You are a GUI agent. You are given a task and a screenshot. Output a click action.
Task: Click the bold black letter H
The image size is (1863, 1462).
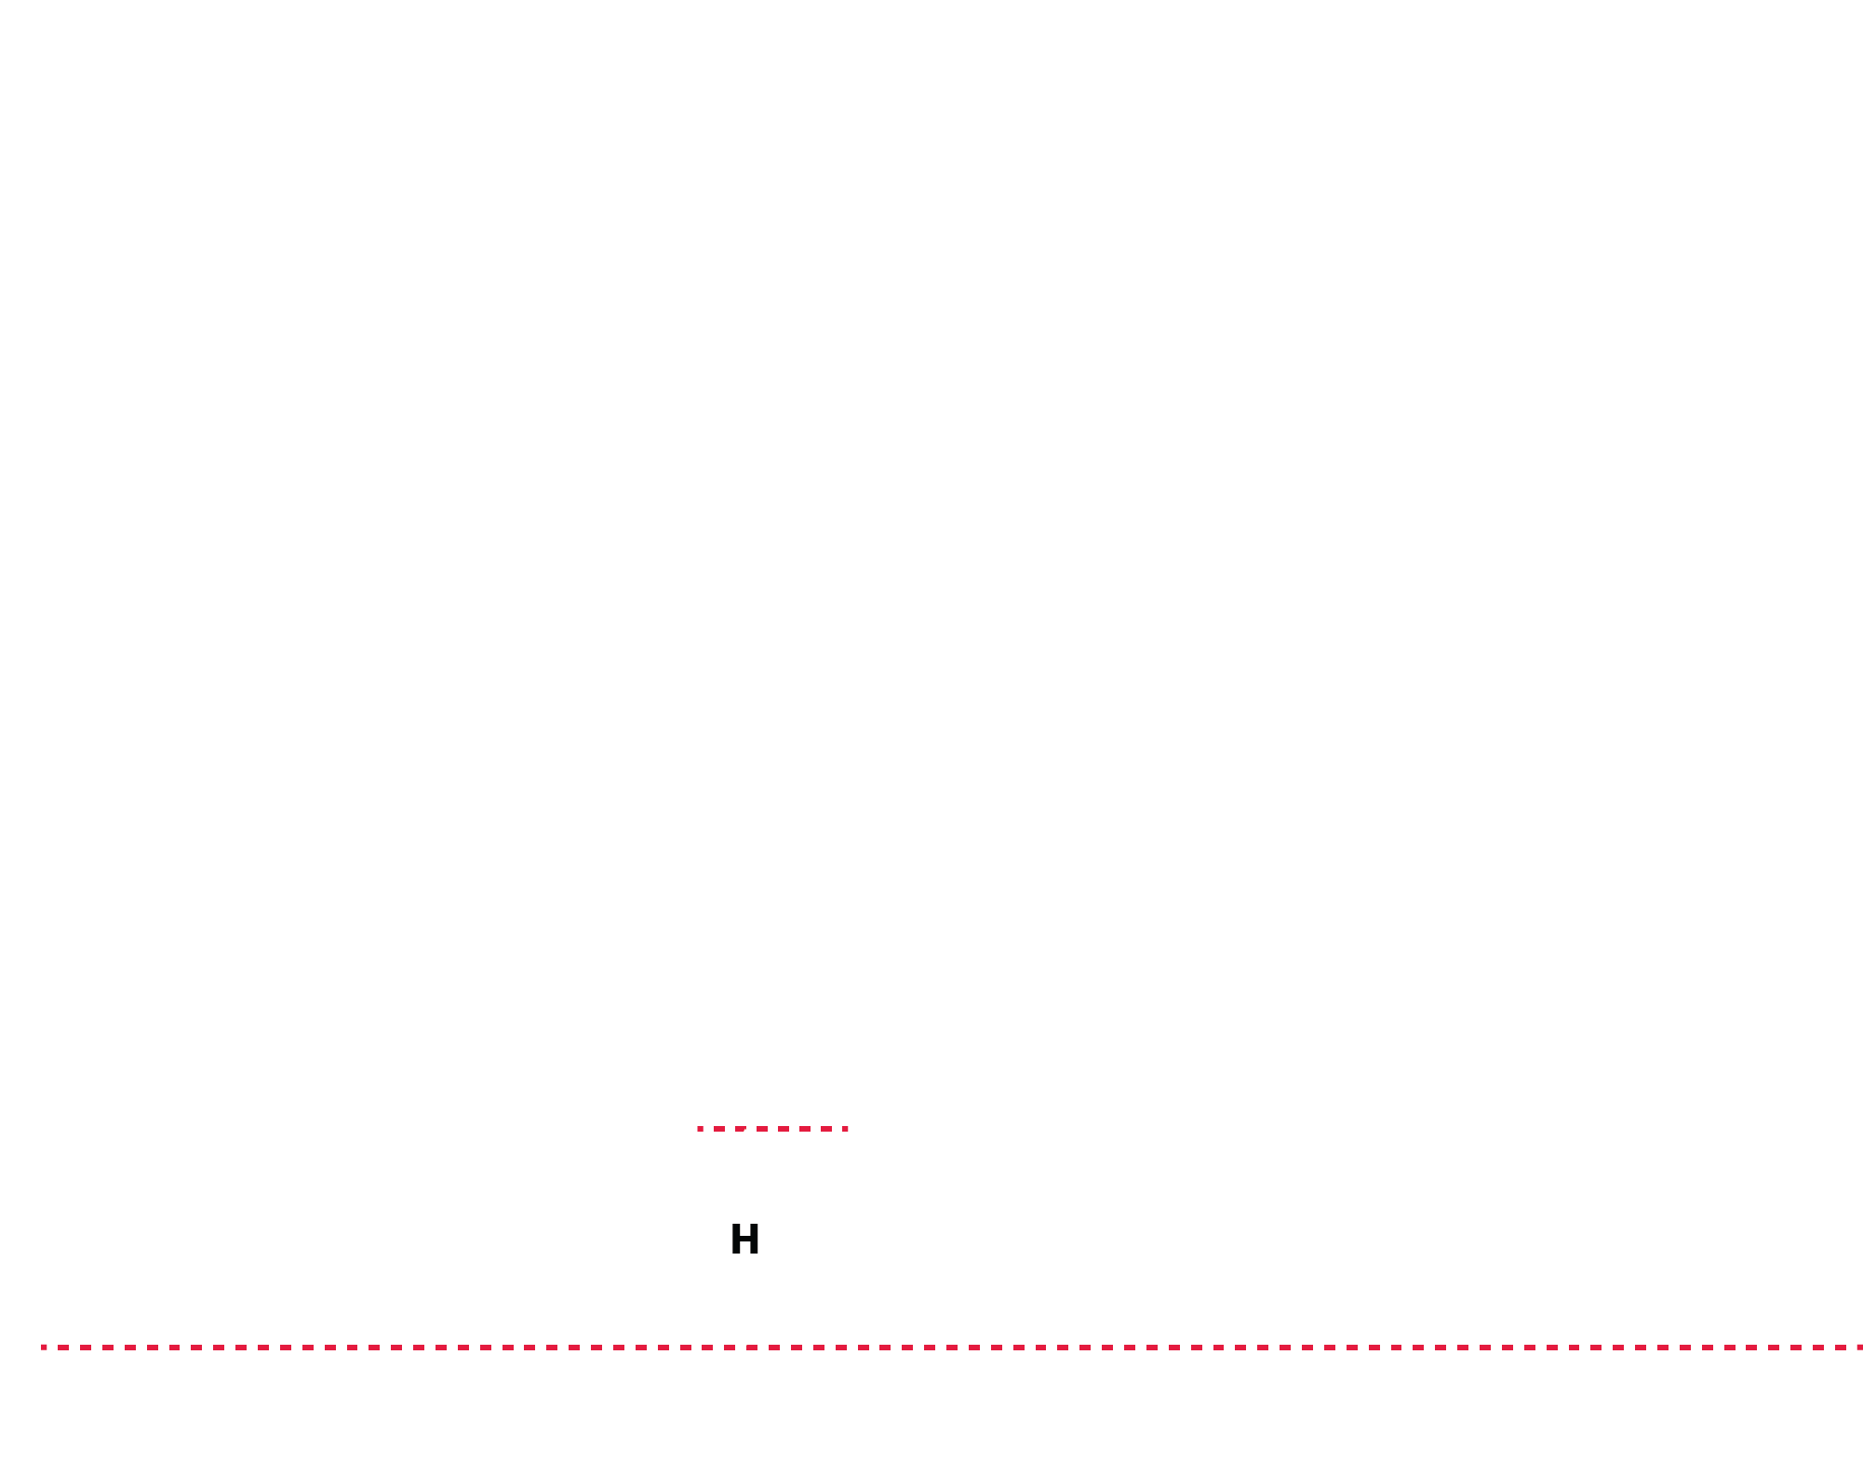coord(744,1239)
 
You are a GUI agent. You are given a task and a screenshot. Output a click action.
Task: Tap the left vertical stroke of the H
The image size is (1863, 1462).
coord(736,1239)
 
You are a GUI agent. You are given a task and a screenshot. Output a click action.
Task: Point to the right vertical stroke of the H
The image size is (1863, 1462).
coord(754,1239)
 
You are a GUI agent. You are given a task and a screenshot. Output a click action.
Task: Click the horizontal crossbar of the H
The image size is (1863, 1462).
coord(744,1239)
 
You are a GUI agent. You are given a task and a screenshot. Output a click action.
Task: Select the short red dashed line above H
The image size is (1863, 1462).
coord(772,1129)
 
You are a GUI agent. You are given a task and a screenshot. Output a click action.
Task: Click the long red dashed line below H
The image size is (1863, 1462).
coord(952,1348)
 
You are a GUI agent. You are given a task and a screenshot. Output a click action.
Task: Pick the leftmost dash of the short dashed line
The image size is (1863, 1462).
coord(700,1129)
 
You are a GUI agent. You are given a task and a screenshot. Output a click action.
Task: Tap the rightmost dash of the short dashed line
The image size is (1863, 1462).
coord(845,1129)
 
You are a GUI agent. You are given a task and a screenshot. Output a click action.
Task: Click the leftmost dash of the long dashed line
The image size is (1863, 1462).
coord(44,1348)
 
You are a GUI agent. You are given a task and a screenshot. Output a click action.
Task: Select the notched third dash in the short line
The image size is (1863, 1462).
coord(741,1129)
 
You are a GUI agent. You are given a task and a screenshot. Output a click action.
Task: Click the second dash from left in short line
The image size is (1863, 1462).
coord(719,1129)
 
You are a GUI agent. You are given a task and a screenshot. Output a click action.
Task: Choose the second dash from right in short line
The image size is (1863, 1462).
coord(826,1129)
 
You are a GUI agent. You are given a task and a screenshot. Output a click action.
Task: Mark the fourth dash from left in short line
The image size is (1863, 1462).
coord(762,1129)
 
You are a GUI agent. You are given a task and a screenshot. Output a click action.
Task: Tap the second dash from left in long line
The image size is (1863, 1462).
coord(63,1348)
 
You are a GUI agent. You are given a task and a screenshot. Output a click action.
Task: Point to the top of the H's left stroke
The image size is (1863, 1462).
coord(736,1224)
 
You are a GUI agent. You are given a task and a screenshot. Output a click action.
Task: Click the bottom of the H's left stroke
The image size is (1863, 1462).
coord(736,1254)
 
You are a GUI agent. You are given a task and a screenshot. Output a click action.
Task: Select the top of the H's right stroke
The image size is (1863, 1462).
coord(754,1224)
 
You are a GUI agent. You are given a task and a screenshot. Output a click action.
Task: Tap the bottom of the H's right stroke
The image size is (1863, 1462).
coord(754,1254)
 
